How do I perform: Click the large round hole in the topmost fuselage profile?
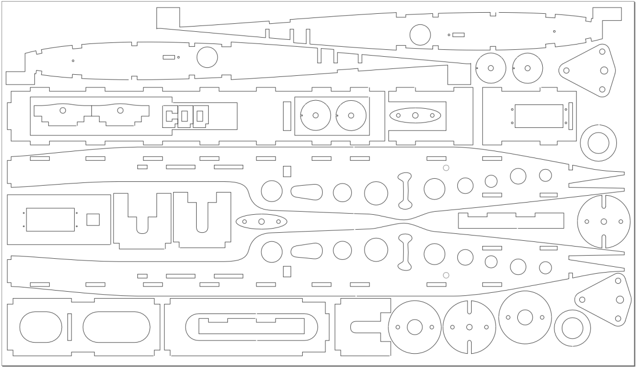coord(420,35)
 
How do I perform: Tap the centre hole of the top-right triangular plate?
coord(604,70)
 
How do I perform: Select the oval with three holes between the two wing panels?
coord(261,222)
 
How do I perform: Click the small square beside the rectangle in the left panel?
coord(93,219)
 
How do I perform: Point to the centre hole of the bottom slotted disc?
coord(469,327)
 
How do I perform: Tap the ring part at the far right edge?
coord(598,143)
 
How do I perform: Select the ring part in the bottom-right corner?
coord(572,328)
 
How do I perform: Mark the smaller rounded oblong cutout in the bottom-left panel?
coord(40,327)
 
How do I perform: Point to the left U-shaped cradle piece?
coord(142,220)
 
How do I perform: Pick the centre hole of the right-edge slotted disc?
coord(604,222)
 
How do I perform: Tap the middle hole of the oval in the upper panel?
coord(415,115)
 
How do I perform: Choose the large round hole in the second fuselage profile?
coord(207,57)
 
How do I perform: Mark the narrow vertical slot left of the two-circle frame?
coord(287,115)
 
